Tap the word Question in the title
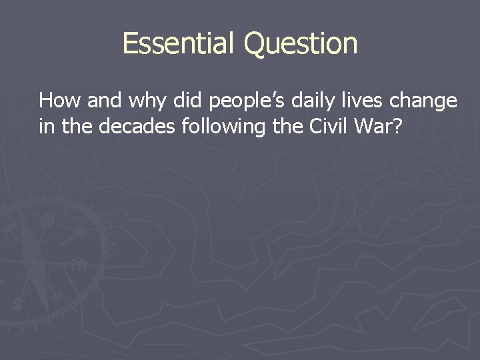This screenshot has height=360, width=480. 301,45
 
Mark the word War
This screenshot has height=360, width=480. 375,126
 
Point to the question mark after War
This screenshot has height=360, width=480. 398,126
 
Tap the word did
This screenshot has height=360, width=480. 188,101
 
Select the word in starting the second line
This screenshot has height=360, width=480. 46,126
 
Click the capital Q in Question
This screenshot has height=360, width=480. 255,44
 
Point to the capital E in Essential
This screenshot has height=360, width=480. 130,43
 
